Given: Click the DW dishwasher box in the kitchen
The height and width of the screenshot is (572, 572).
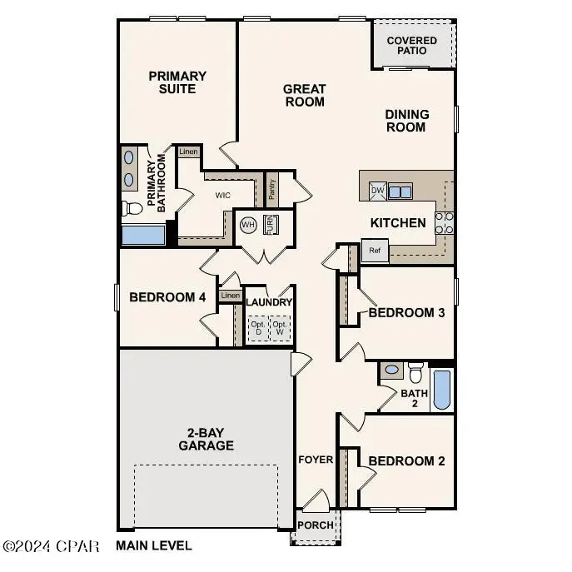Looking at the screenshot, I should [x=377, y=191].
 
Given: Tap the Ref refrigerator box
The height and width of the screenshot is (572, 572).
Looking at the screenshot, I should [x=375, y=250].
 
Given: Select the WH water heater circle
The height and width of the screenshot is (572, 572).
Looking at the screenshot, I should [x=248, y=225].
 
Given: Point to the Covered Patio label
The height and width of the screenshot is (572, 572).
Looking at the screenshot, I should [x=412, y=45].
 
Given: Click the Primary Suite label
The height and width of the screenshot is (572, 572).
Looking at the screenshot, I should [x=177, y=82].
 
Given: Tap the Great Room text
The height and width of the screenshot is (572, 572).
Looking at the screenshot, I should [x=304, y=95].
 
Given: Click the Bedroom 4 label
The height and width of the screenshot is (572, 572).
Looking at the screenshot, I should [x=167, y=297].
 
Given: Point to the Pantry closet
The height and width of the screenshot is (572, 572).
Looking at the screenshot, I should [x=271, y=188].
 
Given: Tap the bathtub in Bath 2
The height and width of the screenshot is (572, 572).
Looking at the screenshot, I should [x=442, y=390].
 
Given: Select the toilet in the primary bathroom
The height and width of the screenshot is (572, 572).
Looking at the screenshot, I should [x=132, y=207].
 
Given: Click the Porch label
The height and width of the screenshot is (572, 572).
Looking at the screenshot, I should [x=316, y=525].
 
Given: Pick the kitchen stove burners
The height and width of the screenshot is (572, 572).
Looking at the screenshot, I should [x=445, y=222].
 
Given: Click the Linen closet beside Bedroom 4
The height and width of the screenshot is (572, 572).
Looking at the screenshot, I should [x=230, y=296].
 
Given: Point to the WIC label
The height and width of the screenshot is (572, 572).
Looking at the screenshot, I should [x=222, y=196].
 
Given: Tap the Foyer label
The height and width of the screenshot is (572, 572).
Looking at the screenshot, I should [x=316, y=460].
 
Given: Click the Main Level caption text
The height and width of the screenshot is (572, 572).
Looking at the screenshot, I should [x=154, y=546].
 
